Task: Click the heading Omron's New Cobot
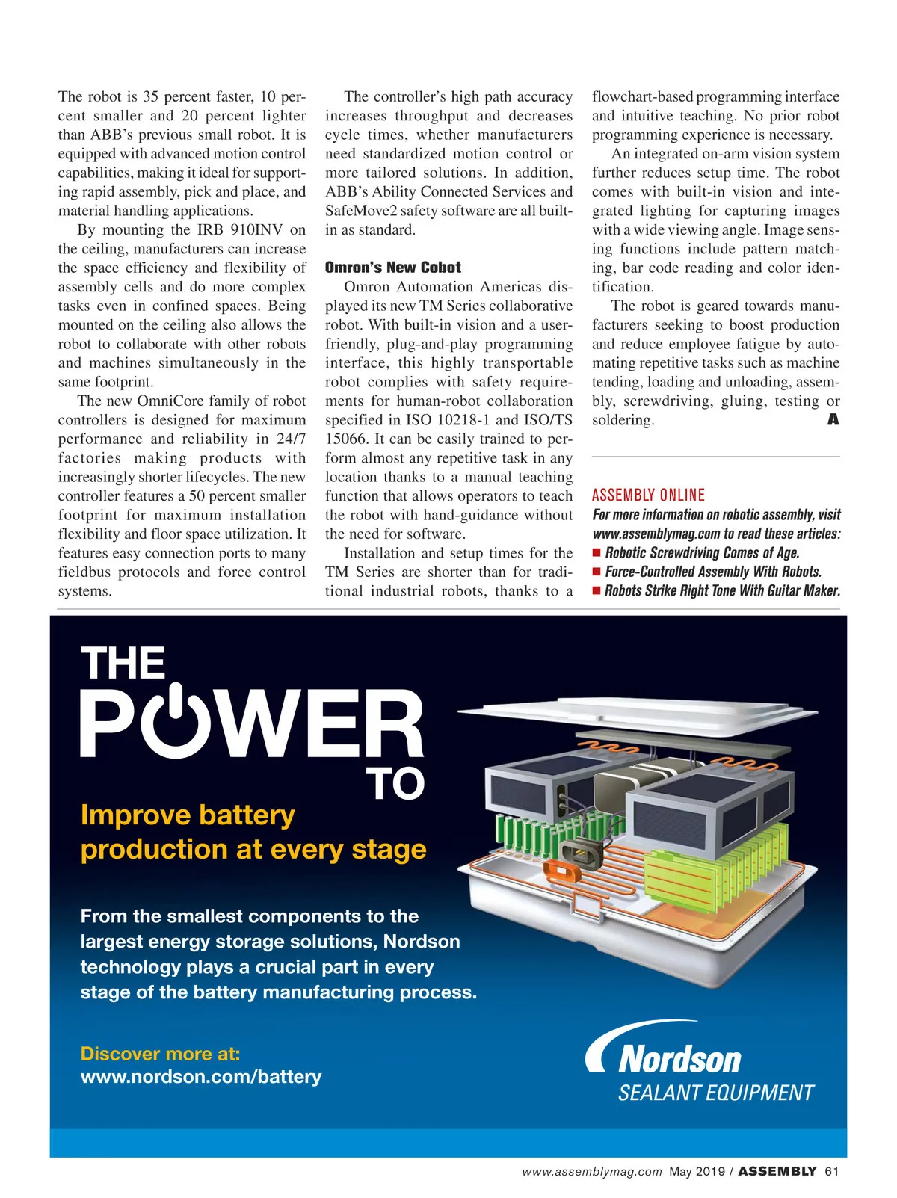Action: point(392,268)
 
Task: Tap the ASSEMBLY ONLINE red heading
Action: point(648,495)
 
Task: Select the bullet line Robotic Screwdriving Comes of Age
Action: point(701,553)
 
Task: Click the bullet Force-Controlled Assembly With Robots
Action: point(712,572)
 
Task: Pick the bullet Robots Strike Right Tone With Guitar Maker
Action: point(722,590)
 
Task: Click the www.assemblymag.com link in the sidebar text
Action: point(656,534)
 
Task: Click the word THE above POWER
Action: point(123,663)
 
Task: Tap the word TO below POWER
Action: point(395,784)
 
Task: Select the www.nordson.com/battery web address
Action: point(200,1077)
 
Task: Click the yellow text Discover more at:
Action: point(160,1054)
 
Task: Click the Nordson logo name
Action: point(679,1059)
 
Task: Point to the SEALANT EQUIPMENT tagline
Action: point(715,1093)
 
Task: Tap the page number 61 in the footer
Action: point(831,1171)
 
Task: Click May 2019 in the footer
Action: point(697,1171)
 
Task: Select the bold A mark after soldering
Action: point(833,420)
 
